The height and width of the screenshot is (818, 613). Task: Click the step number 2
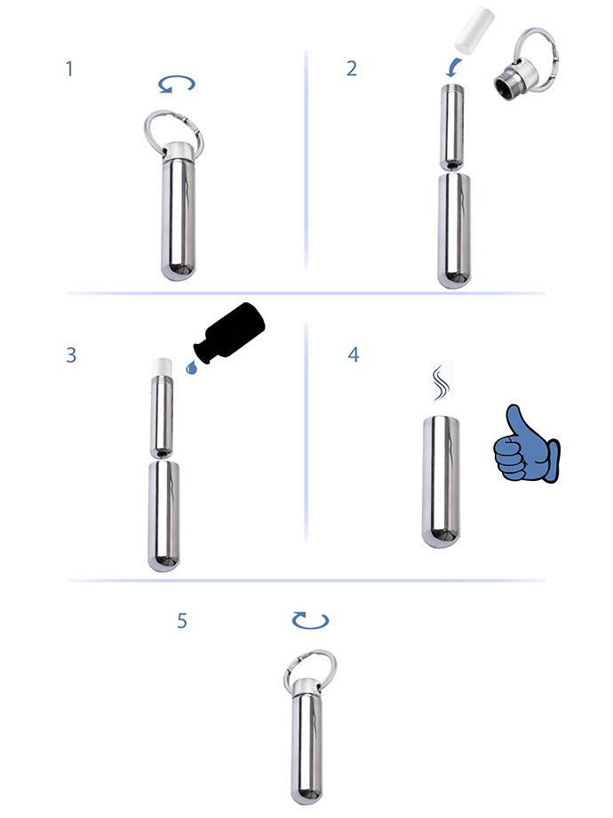point(352,68)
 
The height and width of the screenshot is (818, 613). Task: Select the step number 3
point(71,355)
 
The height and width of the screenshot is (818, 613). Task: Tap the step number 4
point(354,355)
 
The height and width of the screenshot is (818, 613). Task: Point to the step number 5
point(182,621)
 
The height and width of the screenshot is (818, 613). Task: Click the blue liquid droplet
point(191,365)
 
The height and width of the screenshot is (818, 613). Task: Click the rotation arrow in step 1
point(176,85)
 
